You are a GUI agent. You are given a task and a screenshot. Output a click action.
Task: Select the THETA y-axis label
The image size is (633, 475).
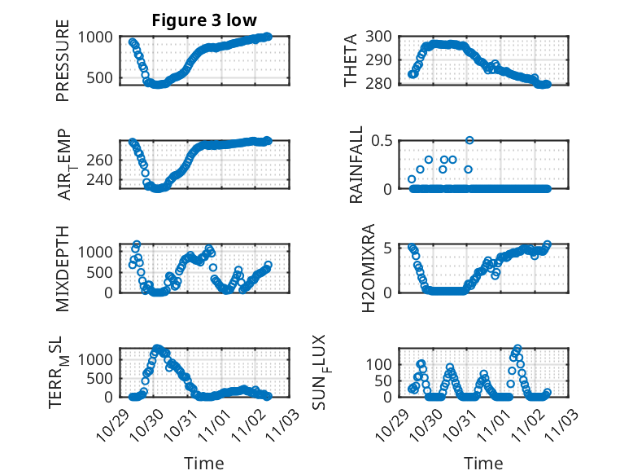tap(351, 60)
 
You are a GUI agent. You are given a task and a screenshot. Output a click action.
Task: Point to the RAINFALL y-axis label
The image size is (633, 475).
tap(356, 165)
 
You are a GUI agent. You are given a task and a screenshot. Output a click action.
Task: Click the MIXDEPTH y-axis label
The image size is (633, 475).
tap(63, 268)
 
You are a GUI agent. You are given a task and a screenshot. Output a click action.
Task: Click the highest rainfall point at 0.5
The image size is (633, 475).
tap(469, 140)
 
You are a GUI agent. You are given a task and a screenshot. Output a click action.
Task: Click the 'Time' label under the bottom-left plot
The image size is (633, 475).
tap(203, 463)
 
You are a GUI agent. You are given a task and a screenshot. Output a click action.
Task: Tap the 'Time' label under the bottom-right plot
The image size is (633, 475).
tap(483, 463)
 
